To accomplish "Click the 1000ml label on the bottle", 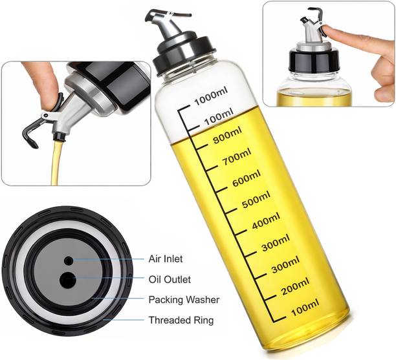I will pyautogui.click(x=212, y=98).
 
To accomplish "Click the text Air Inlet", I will pyautogui.click(x=166, y=259).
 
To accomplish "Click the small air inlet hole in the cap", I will pyautogui.click(x=68, y=260).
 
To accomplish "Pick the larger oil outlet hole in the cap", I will pyautogui.click(x=67, y=279).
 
